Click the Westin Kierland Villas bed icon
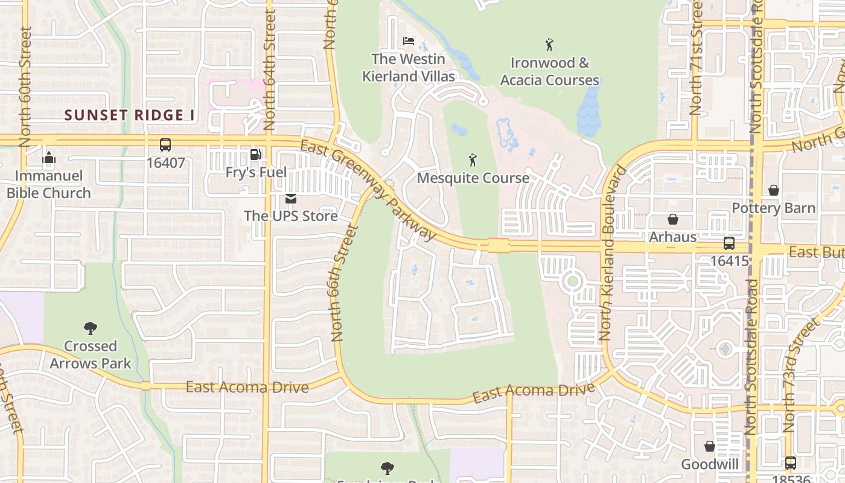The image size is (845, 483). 409,41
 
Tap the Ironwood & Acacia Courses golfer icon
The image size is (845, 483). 549,44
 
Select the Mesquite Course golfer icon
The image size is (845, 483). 473,160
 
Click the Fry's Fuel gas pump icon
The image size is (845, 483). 256,155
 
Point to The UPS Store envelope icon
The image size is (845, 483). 291,198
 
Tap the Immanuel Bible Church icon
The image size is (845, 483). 49,159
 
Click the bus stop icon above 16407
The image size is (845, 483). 165,145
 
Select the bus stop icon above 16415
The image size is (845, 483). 729,243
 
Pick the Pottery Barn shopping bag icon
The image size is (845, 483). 773,190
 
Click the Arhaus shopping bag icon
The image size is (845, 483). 672,219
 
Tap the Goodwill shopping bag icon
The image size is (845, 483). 710,446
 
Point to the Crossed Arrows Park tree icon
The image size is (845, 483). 91,328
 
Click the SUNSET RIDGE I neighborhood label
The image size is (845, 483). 129,115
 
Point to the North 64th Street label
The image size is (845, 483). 269,69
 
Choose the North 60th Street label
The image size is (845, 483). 25,86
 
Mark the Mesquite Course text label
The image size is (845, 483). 473,178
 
